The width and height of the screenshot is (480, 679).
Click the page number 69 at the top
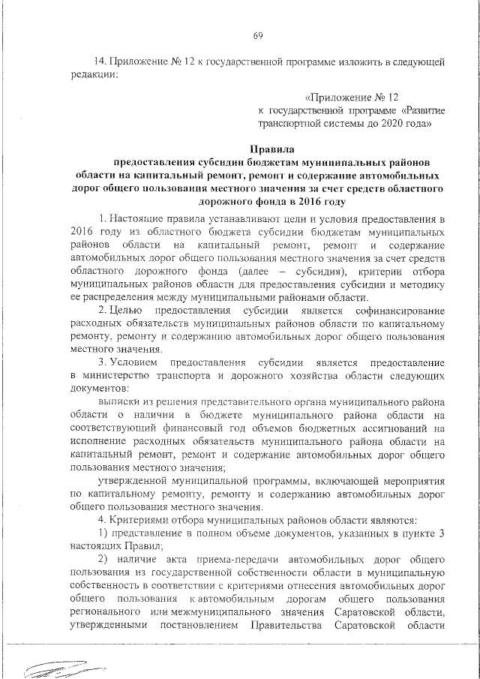tap(257, 36)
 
